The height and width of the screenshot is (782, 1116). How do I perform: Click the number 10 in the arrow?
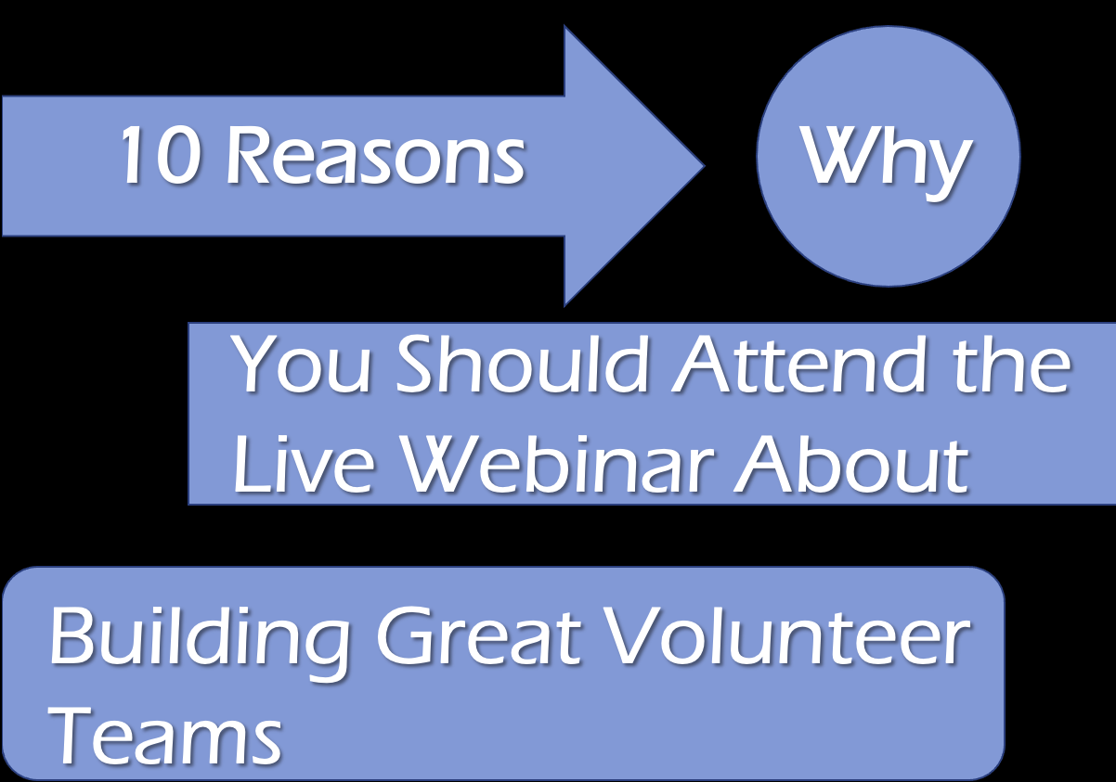pyautogui.click(x=161, y=154)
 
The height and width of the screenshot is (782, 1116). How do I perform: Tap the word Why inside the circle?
pyautogui.click(x=886, y=161)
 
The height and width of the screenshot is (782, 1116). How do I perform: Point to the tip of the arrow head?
pyautogui.click(x=704, y=166)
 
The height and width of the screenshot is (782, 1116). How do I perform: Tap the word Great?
pyautogui.click(x=478, y=636)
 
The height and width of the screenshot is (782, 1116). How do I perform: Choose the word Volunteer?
pyautogui.click(x=787, y=636)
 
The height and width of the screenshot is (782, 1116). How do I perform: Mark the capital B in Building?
pyautogui.click(x=72, y=636)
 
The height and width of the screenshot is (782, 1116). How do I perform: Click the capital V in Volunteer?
pyautogui.click(x=634, y=636)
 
